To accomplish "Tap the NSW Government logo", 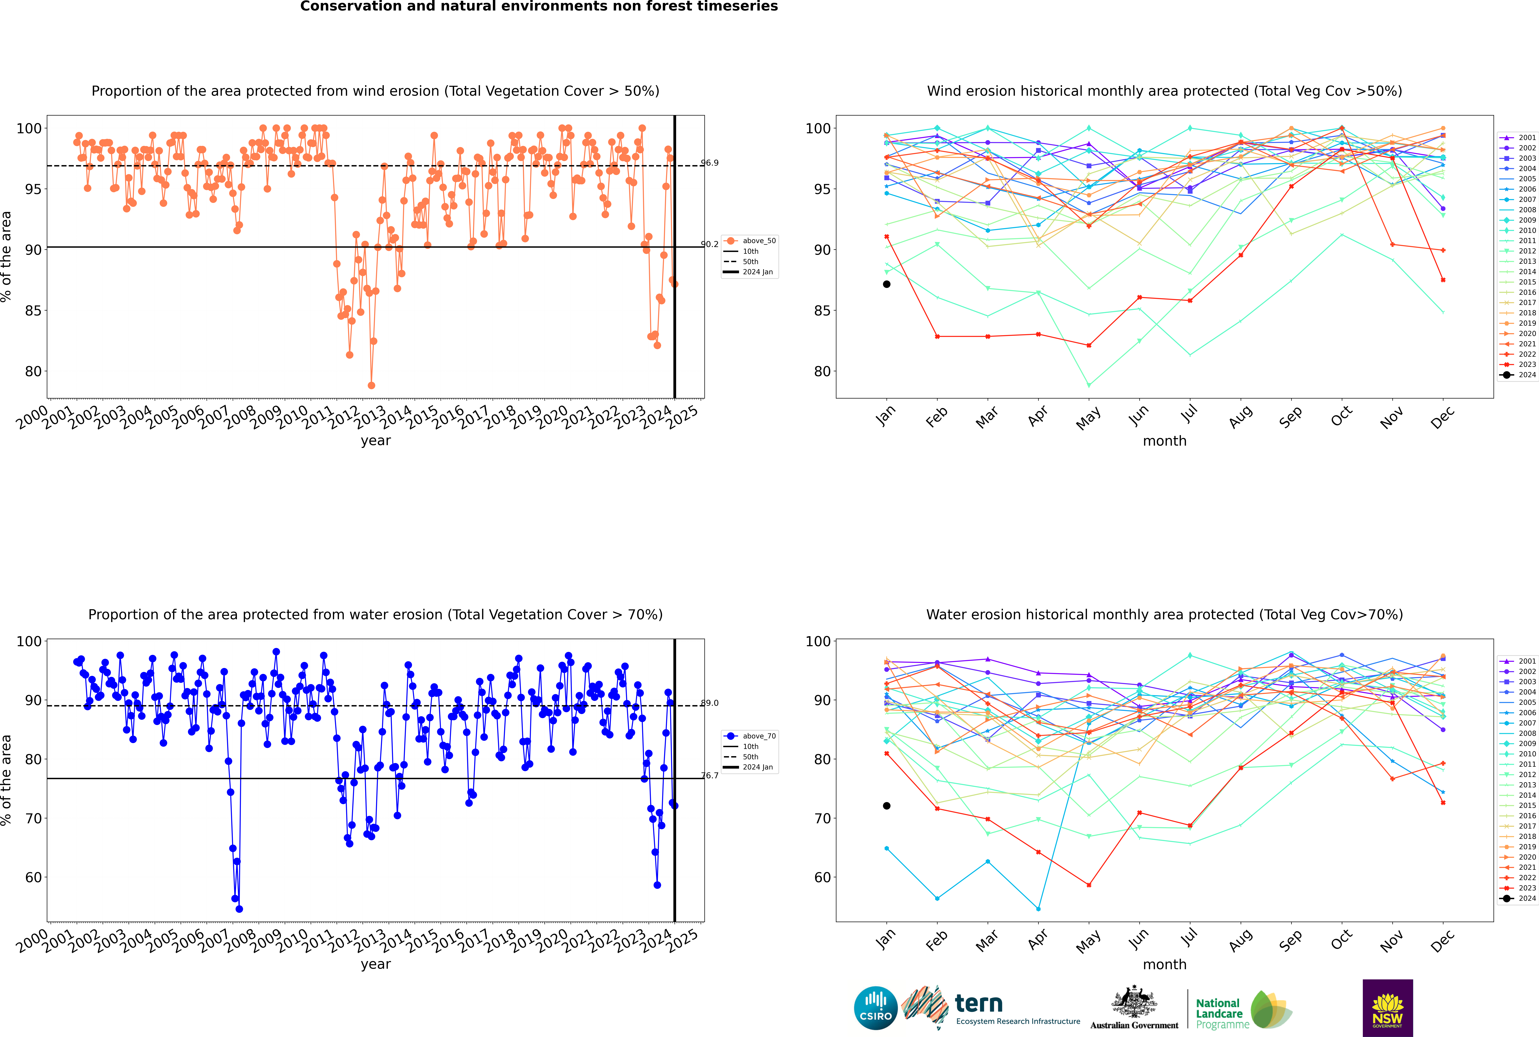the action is pos(1387,1008).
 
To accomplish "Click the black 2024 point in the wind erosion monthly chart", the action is pos(887,284).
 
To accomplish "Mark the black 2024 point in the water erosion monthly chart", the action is pos(887,806).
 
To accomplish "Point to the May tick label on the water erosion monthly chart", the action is pos(1088,940).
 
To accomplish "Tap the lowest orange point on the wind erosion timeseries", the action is pos(372,386).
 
